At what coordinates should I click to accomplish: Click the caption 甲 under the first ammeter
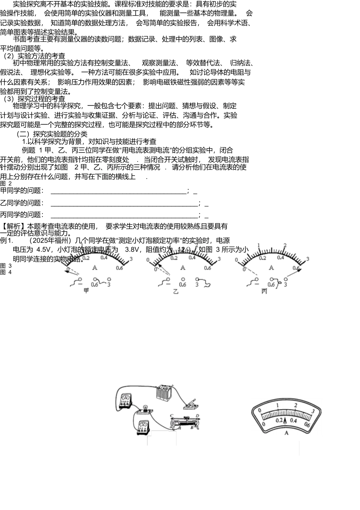tap(86, 291)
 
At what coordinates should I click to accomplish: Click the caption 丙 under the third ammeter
tap(264, 291)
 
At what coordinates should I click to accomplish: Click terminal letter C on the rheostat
tap(172, 416)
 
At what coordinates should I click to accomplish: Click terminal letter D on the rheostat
tap(197, 416)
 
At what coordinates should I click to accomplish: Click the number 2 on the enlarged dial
tap(296, 405)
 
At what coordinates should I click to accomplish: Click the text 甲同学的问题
tap(22, 191)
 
